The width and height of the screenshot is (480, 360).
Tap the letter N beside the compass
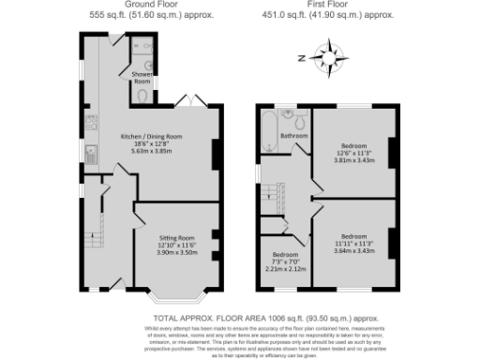coord(302,58)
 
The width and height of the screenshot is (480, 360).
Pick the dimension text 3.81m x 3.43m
coord(353,160)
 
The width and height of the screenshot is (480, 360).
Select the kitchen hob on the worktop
coord(91,122)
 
